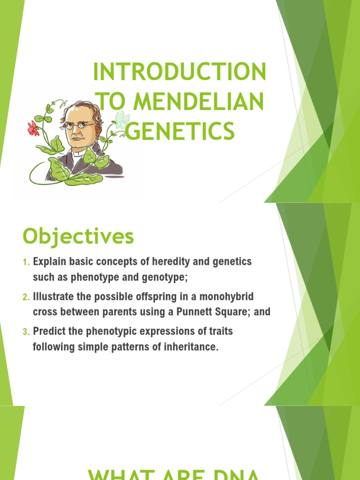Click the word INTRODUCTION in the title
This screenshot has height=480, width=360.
point(180,73)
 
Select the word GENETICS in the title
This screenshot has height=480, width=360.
point(180,131)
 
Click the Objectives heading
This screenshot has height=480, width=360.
point(78,237)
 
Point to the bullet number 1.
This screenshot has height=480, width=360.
point(26,262)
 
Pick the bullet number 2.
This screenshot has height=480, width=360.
point(26,297)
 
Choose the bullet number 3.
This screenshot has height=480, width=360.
point(26,332)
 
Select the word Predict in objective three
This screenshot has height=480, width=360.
point(48,332)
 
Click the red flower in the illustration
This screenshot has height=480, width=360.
point(33,128)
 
